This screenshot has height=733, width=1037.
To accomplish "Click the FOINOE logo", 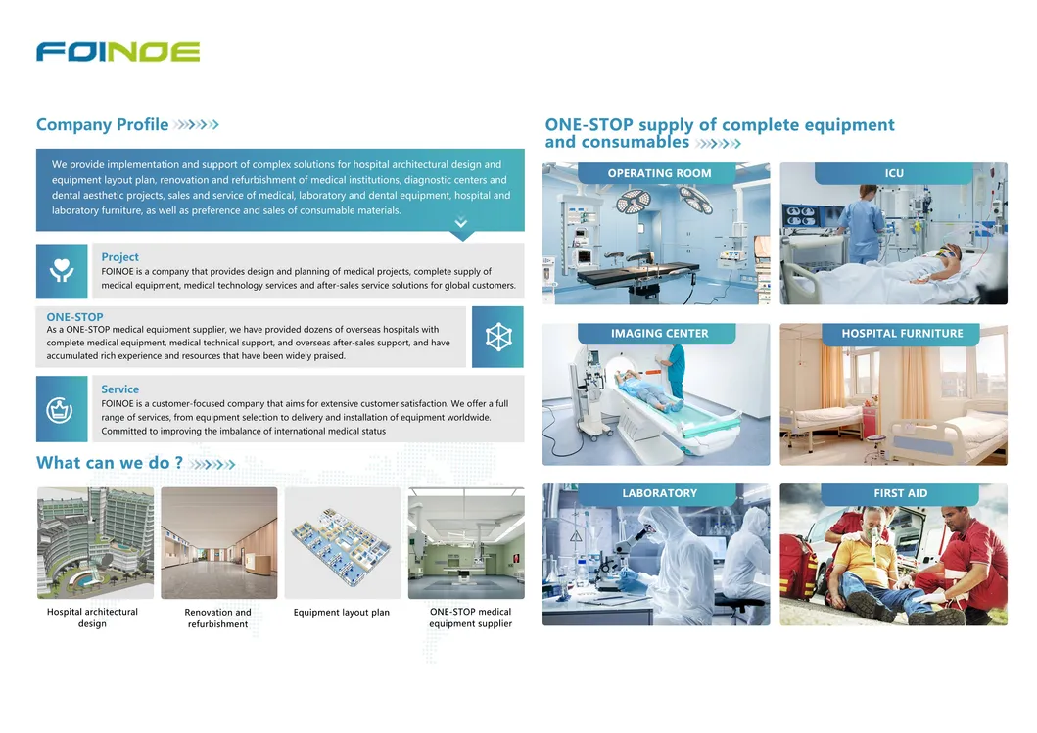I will pyautogui.click(x=118, y=52).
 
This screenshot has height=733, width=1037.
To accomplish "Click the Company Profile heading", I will pyautogui.click(x=102, y=125).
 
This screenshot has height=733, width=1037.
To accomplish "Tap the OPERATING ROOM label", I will pyautogui.click(x=659, y=173).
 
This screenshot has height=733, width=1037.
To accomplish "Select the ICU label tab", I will pyautogui.click(x=893, y=173).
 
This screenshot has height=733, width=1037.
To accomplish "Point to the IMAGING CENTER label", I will pyautogui.click(x=659, y=334).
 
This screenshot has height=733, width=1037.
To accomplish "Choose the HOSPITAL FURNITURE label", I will pyautogui.click(x=902, y=334).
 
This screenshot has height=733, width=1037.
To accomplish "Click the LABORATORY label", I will pyautogui.click(x=659, y=493).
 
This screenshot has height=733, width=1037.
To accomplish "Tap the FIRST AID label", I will pyautogui.click(x=900, y=493).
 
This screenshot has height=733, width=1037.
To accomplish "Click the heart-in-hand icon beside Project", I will pyautogui.click(x=62, y=271).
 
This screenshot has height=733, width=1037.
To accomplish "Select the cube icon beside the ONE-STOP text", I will pyautogui.click(x=497, y=337).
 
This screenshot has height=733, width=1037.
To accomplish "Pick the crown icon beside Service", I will pyautogui.click(x=61, y=408).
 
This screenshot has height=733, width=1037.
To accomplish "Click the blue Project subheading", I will pyautogui.click(x=120, y=257).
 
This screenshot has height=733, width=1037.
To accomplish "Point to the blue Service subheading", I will pyautogui.click(x=120, y=389).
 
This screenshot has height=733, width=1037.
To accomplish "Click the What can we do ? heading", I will pyautogui.click(x=110, y=463).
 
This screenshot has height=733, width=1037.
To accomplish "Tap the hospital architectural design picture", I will pyautogui.click(x=95, y=542).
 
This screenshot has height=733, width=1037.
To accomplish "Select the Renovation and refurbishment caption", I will pyautogui.click(x=217, y=618).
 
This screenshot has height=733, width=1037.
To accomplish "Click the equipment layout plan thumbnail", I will pyautogui.click(x=342, y=542).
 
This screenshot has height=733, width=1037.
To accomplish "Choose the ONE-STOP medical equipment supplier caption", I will pyautogui.click(x=470, y=618).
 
